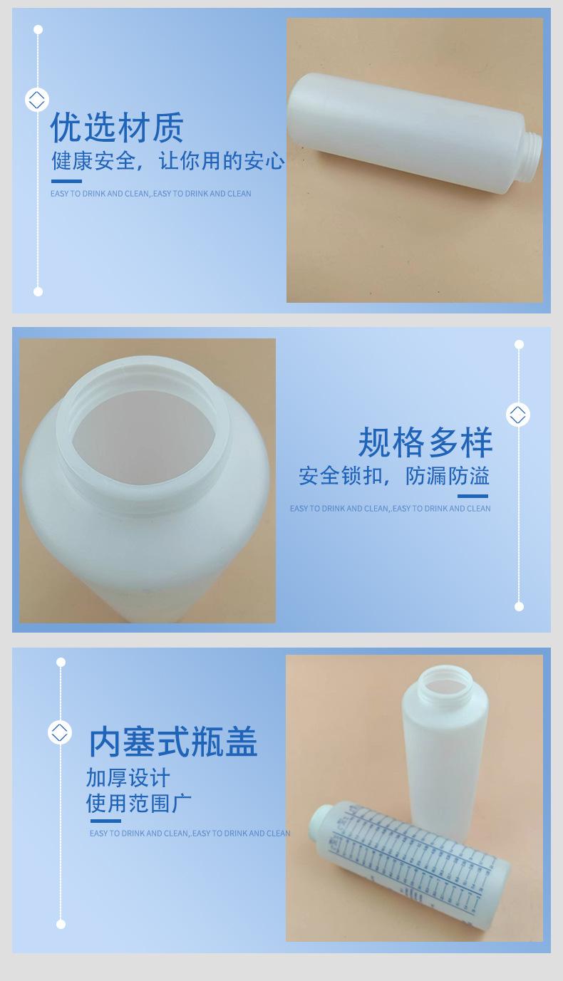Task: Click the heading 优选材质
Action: pyautogui.click(x=118, y=128)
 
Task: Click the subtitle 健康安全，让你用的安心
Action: pyautogui.click(x=167, y=161)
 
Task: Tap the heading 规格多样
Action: pyautogui.click(x=425, y=442)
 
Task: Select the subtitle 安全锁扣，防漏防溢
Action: pyautogui.click(x=394, y=476)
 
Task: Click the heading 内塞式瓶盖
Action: pyautogui.click(x=173, y=742)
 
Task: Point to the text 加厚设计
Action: pyautogui.click(x=128, y=777)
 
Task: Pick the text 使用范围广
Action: pyautogui.click(x=139, y=803)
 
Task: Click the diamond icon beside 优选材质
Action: pyautogui.click(x=37, y=99)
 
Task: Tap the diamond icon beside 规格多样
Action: pyautogui.click(x=518, y=414)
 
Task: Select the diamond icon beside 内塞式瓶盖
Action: pyautogui.click(x=60, y=732)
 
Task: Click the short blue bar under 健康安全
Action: pyautogui.click(x=66, y=182)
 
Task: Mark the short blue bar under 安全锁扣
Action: pyautogui.click(x=472, y=497)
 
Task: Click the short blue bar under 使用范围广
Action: pyautogui.click(x=105, y=821)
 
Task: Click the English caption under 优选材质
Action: pyautogui.click(x=151, y=194)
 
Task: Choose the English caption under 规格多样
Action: pyautogui.click(x=390, y=509)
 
